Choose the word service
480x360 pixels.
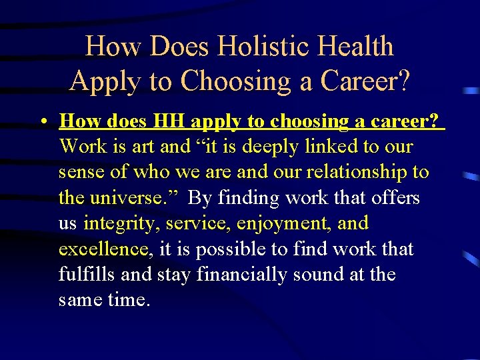[192, 223]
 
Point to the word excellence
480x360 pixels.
[103, 249]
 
